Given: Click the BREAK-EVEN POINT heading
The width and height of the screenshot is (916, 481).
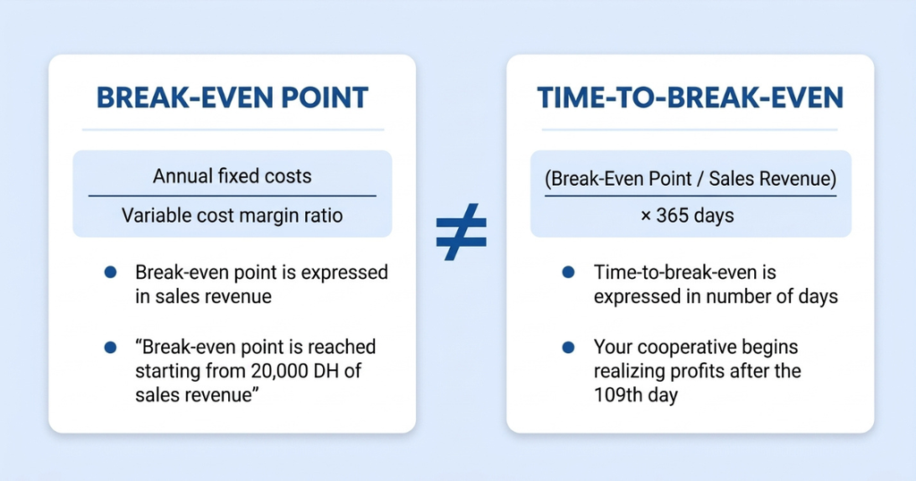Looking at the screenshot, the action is pos(232,97).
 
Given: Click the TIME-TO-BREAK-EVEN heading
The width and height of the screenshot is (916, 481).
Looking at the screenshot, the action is pos(690,97).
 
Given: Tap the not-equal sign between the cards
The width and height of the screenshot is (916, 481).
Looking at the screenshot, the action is pos(462,232).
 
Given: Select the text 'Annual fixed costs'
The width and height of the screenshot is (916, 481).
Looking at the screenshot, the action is pos(232,176).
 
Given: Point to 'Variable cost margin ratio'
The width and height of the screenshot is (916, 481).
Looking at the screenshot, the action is pos(232,215).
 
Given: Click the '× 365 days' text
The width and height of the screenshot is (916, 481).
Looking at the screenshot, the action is pos(687,215).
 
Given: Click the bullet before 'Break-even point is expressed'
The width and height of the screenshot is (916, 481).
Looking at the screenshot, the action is pos(110,272).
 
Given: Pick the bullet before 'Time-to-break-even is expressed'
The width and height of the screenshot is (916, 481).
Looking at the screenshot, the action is pos(568,272).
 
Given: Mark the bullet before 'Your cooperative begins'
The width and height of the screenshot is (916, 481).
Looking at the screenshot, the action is pos(568,347).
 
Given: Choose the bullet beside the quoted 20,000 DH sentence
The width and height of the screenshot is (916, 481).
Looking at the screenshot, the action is pos(110,347).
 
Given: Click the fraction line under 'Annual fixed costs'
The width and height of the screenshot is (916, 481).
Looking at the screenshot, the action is pos(232,196).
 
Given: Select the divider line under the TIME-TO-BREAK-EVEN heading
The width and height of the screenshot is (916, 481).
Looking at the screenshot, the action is pos(690,130).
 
